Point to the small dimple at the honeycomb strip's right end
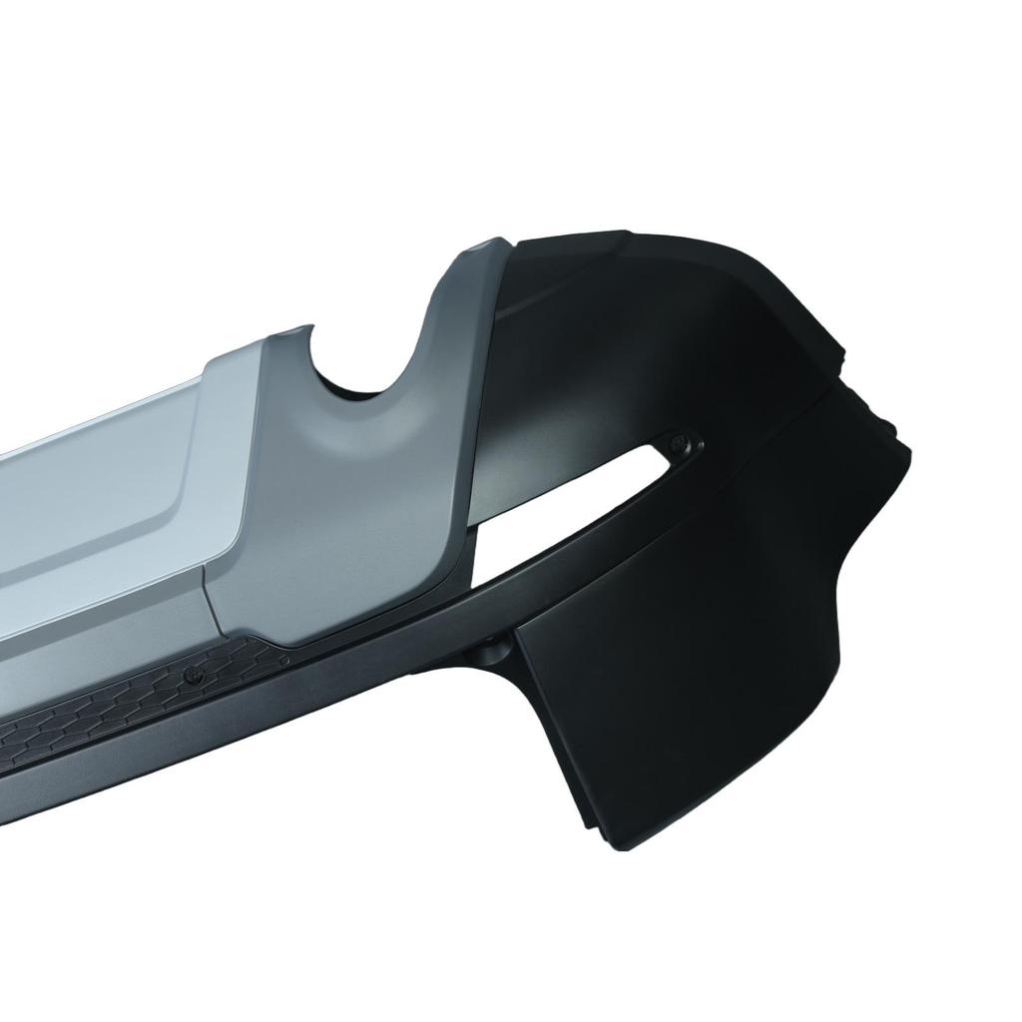(x=283, y=659)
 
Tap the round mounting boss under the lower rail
(x=492, y=650)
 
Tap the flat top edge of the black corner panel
(x=569, y=238)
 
